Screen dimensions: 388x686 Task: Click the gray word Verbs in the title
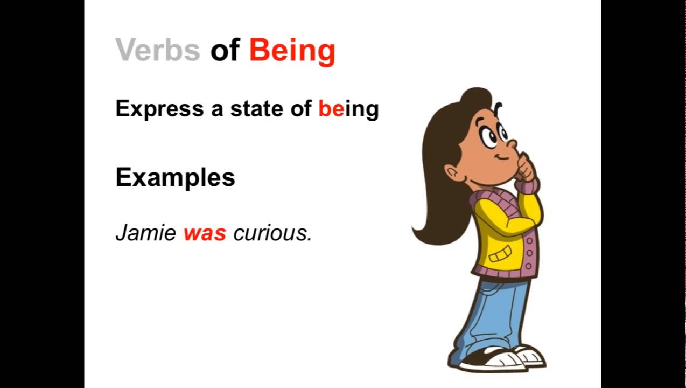157,50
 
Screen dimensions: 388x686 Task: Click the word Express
159,109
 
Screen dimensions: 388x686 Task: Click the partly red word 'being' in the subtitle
348,109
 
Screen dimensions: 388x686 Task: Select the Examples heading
175,177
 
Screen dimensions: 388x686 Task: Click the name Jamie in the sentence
145,233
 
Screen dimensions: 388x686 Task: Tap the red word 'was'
205,234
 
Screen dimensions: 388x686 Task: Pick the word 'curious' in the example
272,234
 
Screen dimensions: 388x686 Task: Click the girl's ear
453,174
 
